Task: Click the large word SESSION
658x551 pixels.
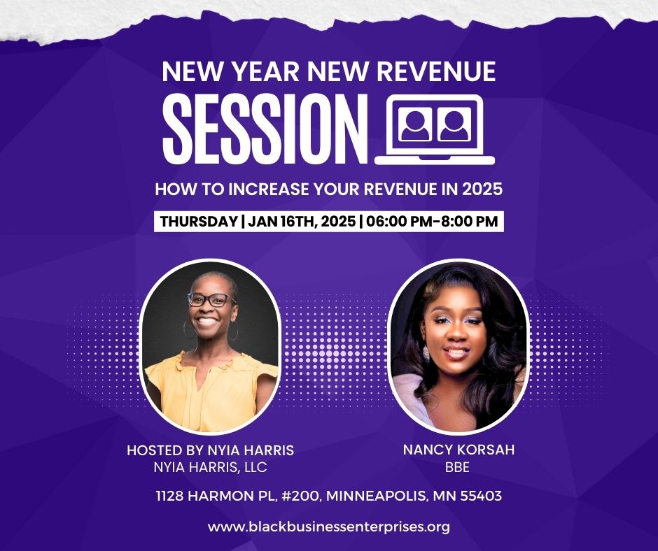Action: coord(265,129)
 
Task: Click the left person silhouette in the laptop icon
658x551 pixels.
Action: coord(415,124)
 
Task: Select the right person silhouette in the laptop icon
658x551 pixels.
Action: coord(454,124)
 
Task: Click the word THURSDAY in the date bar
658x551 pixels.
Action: coord(199,222)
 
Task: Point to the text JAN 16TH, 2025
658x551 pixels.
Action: coord(302,222)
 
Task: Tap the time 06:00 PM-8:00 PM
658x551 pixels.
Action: coord(432,222)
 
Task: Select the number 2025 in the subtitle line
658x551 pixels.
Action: coord(482,189)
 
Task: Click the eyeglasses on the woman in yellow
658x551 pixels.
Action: coord(211,299)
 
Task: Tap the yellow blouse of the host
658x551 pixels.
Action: coord(210,390)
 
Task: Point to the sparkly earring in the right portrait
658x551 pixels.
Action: coord(426,354)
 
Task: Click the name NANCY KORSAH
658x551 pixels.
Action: coord(458,450)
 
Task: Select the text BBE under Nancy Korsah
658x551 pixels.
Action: coord(457,467)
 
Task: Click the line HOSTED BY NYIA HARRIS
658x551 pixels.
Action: coord(210,450)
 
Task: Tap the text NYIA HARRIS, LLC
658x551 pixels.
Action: coord(210,467)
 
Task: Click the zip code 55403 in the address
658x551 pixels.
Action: coord(481,496)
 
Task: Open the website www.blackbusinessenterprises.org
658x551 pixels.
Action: coord(329,527)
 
